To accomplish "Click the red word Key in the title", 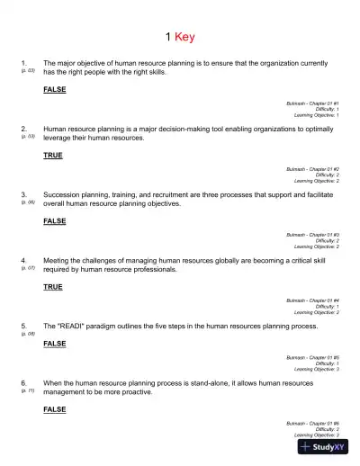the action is coord(186,37).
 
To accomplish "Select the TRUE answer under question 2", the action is coord(53,156).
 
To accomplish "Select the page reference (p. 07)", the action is coord(27,268).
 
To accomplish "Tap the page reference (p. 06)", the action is coord(27,202).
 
